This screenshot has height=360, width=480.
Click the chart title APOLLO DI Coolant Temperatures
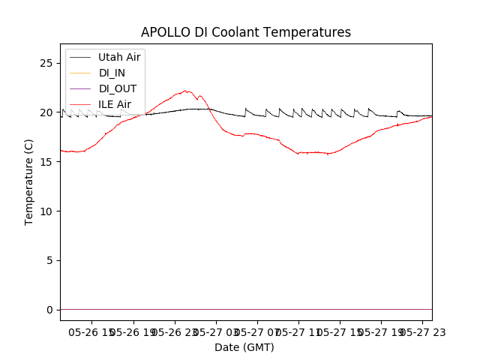click(x=246, y=32)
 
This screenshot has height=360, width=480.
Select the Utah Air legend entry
click(x=119, y=57)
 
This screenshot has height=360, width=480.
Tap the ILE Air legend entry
click(x=115, y=104)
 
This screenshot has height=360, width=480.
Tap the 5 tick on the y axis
click(x=49, y=260)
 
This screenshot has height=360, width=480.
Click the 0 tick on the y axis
click(x=49, y=310)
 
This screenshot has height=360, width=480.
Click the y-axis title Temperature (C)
click(x=29, y=181)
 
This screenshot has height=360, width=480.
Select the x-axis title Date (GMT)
click(x=244, y=347)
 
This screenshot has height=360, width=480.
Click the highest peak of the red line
click(x=185, y=91)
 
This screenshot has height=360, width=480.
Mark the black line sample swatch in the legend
click(x=80, y=57)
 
